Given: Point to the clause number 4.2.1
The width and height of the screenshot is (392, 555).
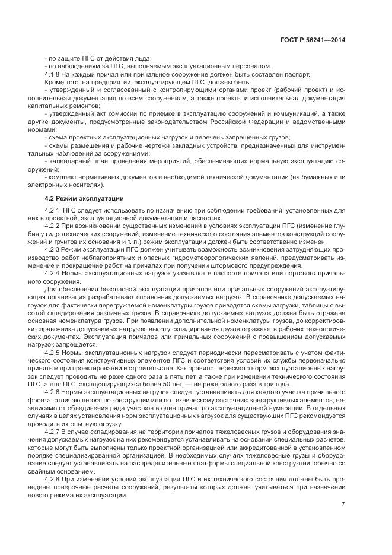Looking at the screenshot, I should coord(53,211).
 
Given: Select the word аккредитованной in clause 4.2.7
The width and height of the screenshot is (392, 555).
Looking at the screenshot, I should coord(252,449).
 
